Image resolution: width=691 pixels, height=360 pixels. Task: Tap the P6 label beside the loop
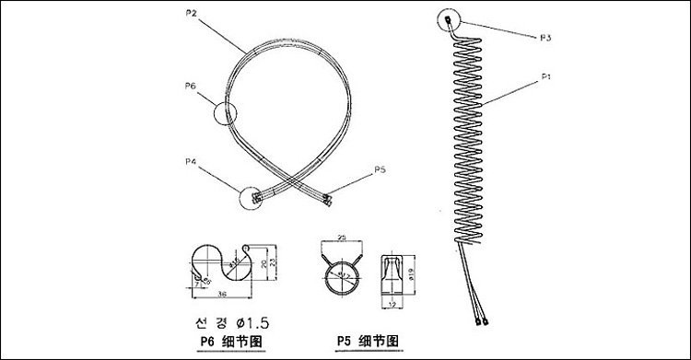pyautogui.click(x=191, y=87)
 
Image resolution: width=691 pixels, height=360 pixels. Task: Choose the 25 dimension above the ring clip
pyautogui.click(x=342, y=238)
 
